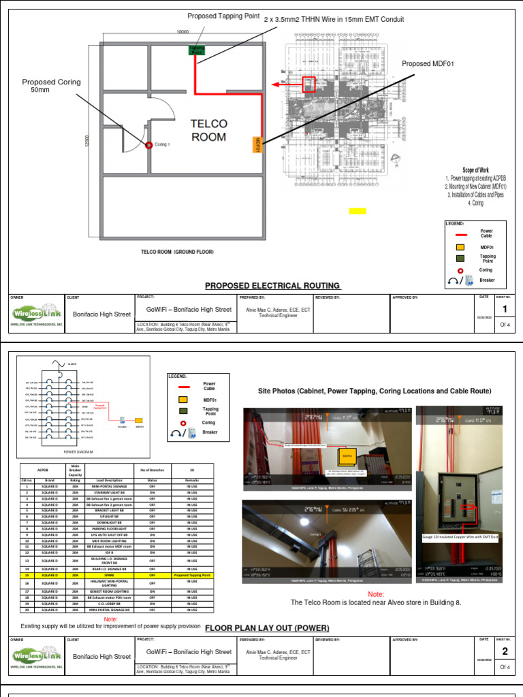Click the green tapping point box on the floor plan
click(196, 49)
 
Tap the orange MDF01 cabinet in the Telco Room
click(257, 144)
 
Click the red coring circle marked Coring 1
click(148, 144)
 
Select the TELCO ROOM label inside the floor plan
click(208, 130)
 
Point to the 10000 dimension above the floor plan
click(183, 32)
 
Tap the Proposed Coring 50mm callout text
click(51, 85)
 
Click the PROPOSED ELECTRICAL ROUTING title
click(272, 286)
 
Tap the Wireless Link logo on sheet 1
click(37, 313)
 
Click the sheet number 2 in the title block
click(505, 651)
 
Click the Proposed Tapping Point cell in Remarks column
click(193, 574)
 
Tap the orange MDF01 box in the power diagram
click(139, 420)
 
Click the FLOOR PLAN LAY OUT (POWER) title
click(267, 627)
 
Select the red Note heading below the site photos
click(376, 594)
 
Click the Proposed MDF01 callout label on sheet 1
click(428, 64)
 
